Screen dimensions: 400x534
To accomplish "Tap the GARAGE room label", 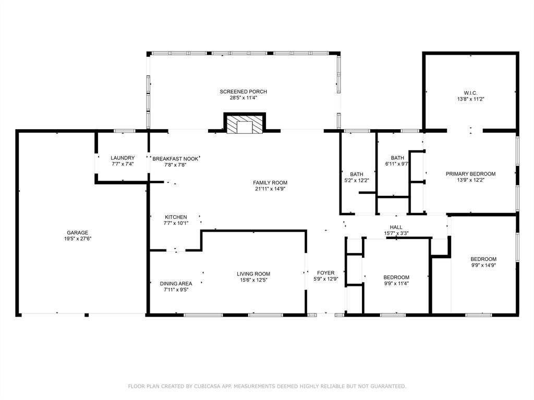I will [x=77, y=233].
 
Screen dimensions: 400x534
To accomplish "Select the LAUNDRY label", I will [x=123, y=158].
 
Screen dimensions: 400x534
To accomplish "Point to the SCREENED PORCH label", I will [x=243, y=92].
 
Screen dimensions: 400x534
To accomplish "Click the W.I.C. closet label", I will [x=470, y=92].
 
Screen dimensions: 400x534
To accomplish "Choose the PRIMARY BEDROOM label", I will [x=470, y=174].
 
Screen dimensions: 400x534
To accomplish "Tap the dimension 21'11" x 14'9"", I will [x=270, y=189].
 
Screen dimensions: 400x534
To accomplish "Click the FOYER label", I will [x=326, y=272].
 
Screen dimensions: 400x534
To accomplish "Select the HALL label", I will [x=396, y=227].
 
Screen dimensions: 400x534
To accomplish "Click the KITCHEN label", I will [x=176, y=217].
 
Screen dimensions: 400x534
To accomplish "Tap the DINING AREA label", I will [x=176, y=284].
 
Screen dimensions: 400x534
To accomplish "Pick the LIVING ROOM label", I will [x=253, y=274].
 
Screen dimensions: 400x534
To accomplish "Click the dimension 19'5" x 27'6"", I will [x=77, y=239].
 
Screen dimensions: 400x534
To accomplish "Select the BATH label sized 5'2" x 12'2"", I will [x=357, y=174].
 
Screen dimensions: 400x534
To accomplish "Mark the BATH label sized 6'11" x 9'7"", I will [x=397, y=158].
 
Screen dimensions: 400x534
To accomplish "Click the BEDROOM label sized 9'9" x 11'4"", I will [x=396, y=277].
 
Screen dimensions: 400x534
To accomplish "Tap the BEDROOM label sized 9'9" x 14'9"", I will [x=483, y=259].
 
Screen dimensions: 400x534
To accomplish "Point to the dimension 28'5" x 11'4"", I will [x=243, y=98].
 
